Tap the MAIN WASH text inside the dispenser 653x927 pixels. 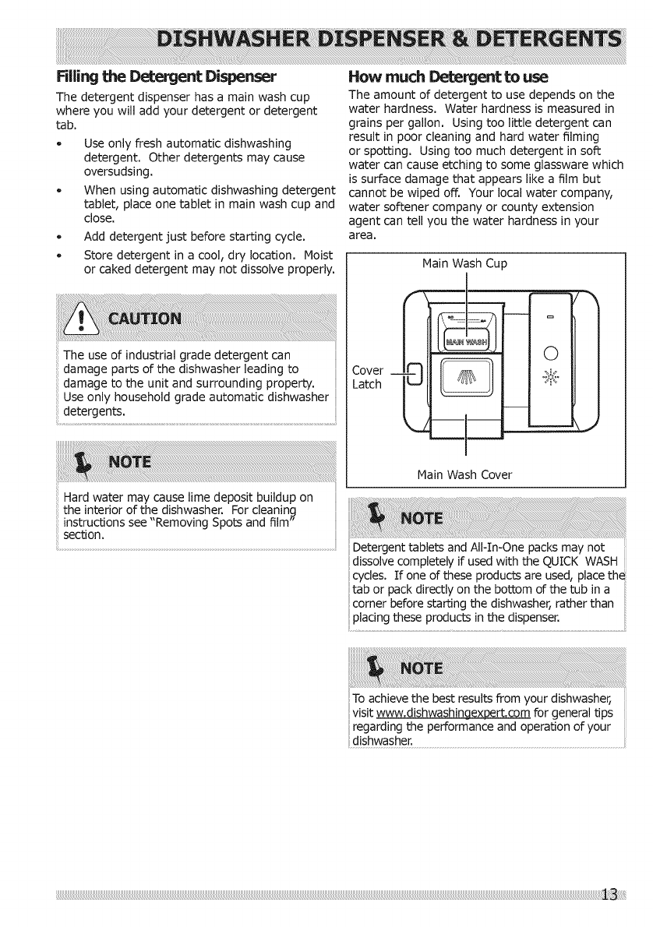coord(465,344)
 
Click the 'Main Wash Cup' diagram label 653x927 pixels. coord(464,264)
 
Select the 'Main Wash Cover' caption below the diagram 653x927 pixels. coord(464,474)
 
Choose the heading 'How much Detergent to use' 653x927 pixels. coord(449,77)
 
